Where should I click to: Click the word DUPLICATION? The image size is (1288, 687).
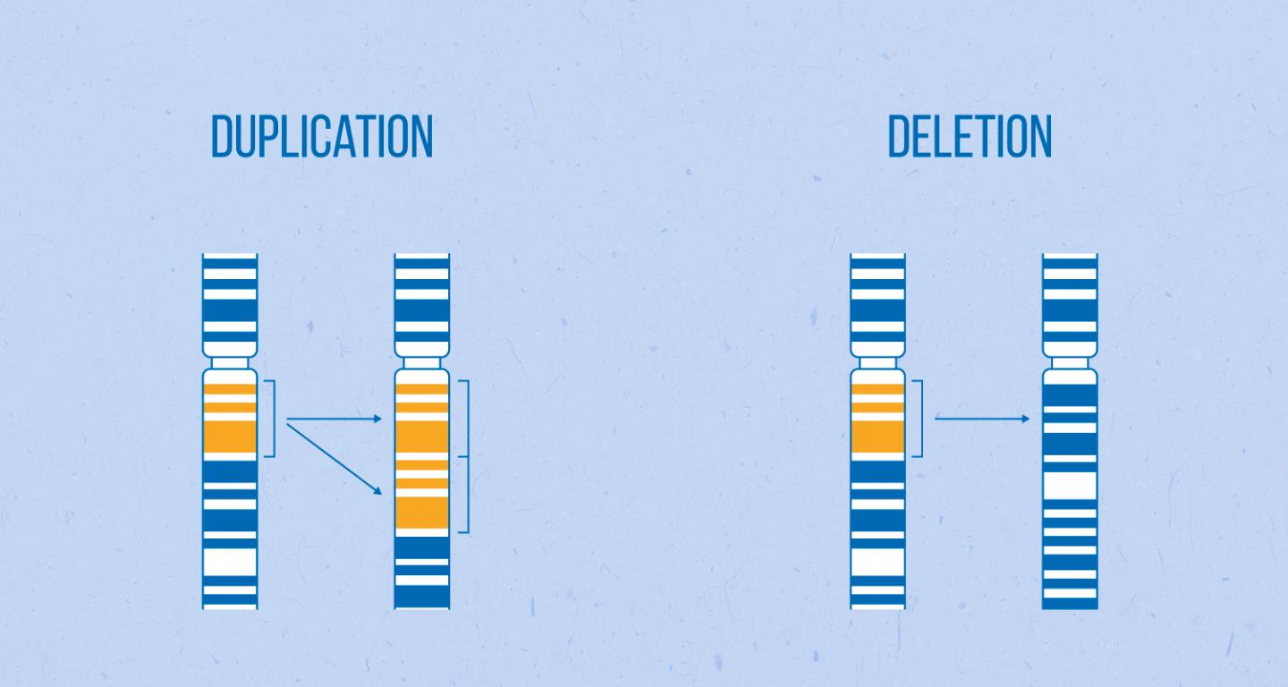[321, 137]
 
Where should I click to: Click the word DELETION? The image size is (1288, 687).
[969, 137]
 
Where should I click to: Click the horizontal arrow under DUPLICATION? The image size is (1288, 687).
[333, 418]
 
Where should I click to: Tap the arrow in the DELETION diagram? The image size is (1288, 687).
[982, 418]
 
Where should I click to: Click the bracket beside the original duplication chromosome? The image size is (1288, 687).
[272, 418]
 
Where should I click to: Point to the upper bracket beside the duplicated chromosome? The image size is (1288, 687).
[466, 418]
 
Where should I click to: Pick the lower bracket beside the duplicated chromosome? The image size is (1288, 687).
[466, 495]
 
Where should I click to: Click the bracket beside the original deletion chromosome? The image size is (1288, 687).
[919, 418]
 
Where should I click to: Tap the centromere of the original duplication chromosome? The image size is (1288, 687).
[230, 363]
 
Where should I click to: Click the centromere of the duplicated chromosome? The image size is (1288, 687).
[422, 363]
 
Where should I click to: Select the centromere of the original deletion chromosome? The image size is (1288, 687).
[877, 363]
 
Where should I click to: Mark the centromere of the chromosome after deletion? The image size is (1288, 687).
[1070, 363]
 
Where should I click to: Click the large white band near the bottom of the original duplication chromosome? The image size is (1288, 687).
[230, 562]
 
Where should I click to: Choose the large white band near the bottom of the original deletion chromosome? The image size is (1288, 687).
[877, 562]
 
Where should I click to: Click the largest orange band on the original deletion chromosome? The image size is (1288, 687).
[877, 437]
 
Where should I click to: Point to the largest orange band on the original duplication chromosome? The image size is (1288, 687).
[230, 437]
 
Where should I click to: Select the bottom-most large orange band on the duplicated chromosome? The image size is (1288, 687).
[422, 513]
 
